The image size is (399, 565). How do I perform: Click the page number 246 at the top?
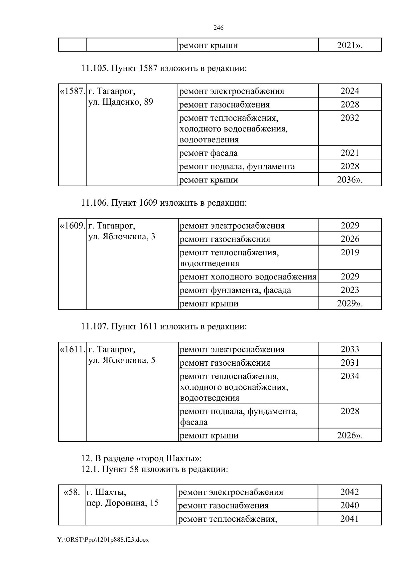[218, 28]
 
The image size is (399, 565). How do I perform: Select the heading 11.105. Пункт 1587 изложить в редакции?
[164, 69]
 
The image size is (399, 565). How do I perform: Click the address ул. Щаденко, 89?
[121, 102]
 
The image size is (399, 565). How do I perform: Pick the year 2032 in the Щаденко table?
[350, 118]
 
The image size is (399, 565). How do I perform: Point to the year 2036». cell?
[350, 180]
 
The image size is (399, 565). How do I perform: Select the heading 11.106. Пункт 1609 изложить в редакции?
[164, 203]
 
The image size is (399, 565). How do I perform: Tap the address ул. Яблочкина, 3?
[122, 237]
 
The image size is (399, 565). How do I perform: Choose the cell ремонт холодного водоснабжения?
[248, 277]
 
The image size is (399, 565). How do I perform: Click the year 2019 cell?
[350, 253]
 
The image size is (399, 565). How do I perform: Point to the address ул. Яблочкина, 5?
[122, 360]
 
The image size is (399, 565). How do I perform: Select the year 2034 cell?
[350, 376]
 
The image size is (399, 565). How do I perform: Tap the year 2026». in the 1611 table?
[350, 436]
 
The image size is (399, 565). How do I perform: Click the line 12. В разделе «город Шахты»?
[141, 458]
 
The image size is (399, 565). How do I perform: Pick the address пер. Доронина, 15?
[122, 503]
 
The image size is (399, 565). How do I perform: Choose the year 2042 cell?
[349, 492]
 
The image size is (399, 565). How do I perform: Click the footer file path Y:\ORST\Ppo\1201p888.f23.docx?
[103, 540]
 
